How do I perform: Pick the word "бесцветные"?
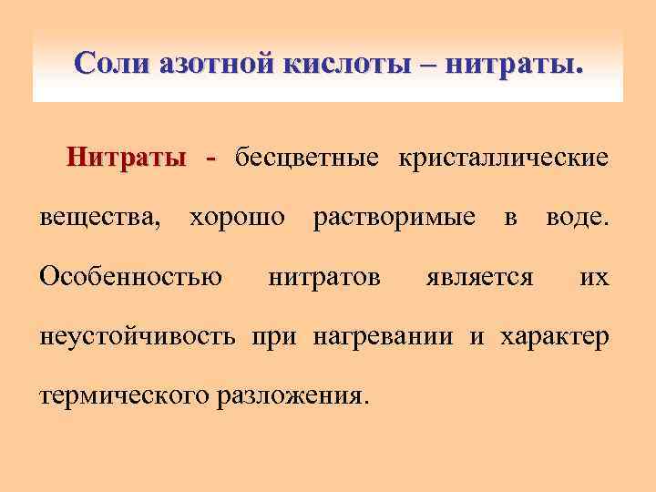306,158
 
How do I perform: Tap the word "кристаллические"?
500,158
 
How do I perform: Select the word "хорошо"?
236,218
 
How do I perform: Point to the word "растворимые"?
394,218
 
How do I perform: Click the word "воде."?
577,218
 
